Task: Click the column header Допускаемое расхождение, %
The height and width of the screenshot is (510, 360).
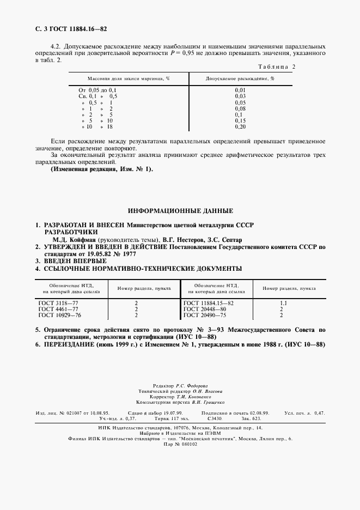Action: [240, 78]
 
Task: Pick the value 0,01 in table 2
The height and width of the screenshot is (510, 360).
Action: [240, 89]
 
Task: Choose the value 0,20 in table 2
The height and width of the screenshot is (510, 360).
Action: [240, 126]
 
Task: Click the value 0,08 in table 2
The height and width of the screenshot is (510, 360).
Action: [240, 108]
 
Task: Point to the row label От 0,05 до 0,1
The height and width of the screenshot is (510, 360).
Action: [98, 89]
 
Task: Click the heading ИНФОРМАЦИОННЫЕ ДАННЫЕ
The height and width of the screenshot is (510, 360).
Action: [180, 210]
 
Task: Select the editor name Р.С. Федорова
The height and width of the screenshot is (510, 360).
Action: [203, 385]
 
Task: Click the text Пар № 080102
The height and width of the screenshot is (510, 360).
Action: [180, 444]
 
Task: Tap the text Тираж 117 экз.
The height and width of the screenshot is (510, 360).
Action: [168, 418]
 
